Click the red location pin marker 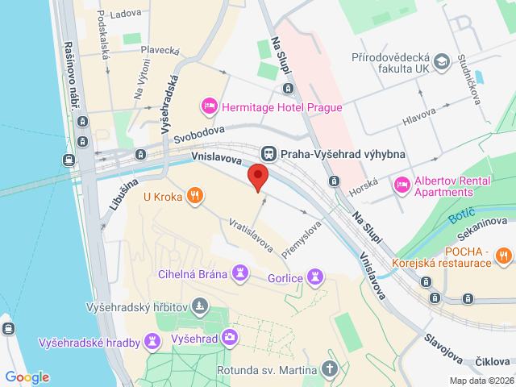coord(257,176)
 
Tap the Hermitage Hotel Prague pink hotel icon coord(209,106)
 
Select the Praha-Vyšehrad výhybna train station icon coord(268,153)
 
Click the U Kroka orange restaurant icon coord(194,195)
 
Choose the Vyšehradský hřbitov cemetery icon coord(201,306)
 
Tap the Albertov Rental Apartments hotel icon coord(401,186)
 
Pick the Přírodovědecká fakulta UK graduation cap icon coord(442,62)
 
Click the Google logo coord(27,377)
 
